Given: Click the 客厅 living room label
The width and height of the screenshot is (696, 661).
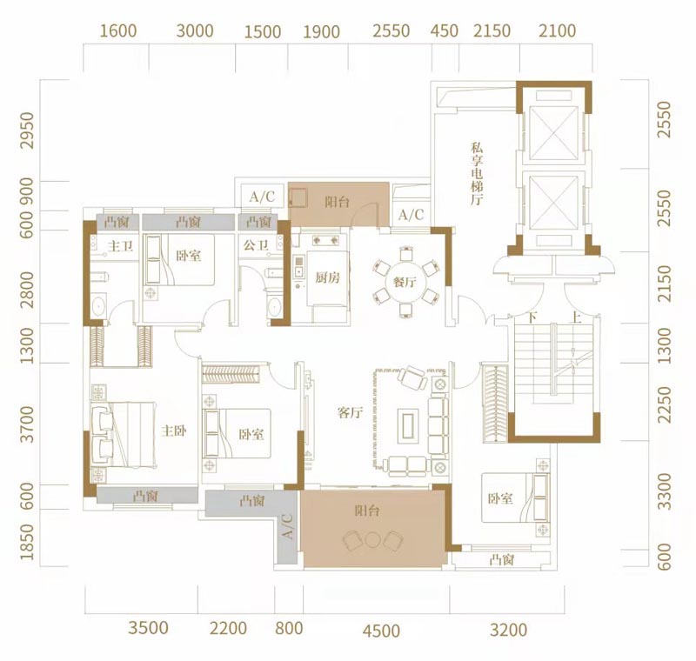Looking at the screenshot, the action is point(350,412).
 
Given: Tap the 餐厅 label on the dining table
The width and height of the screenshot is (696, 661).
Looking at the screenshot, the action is point(405,281).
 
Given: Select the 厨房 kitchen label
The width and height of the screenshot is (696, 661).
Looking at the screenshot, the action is point(328,277).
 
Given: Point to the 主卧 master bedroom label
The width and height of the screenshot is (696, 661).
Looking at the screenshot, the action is point(173,431).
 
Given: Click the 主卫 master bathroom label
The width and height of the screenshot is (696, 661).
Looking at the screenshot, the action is point(120,245).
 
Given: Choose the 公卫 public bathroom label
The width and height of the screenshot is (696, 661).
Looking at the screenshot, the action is point(256,244).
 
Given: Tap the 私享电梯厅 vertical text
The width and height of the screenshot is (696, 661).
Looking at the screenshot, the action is point(477,173).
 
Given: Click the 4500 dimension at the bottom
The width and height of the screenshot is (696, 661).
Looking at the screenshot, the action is point(381,631).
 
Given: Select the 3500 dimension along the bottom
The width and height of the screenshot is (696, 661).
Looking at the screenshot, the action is point(148,628).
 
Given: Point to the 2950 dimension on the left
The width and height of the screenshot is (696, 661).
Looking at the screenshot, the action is point(27,130).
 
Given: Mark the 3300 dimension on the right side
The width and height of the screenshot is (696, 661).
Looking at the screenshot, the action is point(664,491).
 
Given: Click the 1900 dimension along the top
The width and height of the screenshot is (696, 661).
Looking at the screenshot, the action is point(321,32).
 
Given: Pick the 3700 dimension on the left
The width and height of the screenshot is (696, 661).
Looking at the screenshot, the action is point(27,424).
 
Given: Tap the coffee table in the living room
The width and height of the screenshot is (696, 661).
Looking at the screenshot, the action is point(408,424).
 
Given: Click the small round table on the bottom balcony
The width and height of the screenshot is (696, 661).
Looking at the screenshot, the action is point(372,539).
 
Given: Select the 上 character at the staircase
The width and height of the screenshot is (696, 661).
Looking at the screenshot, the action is point(576,317).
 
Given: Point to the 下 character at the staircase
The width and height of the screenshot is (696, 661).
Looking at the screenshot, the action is point(532,317).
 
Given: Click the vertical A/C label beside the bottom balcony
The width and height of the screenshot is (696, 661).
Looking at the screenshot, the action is point(287,526).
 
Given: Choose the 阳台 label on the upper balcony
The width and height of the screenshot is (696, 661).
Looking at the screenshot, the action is point(338,202).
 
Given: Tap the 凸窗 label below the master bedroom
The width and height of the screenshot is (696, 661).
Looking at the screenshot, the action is point(145,496).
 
